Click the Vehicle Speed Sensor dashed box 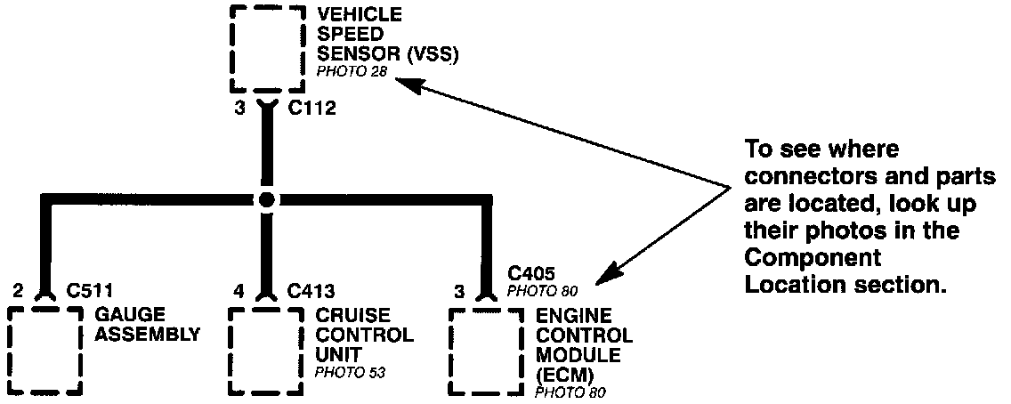point(265,49)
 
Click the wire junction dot point(265,200)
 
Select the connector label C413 point(311,291)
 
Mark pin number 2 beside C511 point(18,291)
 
